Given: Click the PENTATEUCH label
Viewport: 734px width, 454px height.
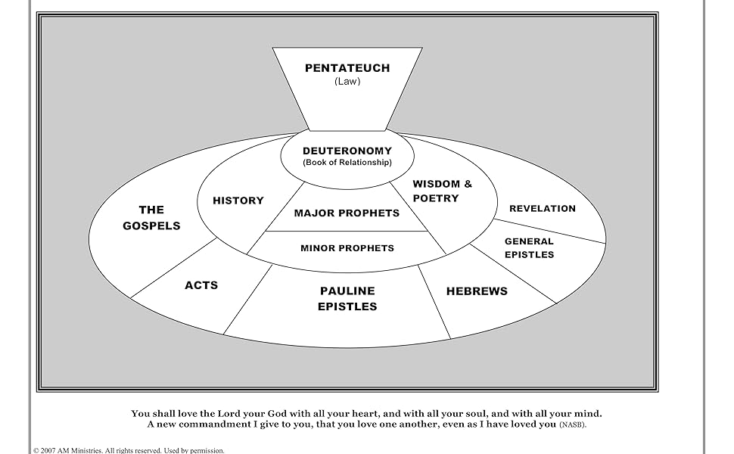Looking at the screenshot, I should pos(347,68).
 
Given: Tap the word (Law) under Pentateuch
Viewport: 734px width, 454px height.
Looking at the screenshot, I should pos(347,82).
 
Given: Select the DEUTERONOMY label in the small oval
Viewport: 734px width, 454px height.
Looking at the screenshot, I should pos(347,151).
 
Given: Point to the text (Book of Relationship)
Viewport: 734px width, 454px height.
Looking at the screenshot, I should pos(347,163).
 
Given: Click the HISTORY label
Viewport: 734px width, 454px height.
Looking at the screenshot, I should pos(238,201).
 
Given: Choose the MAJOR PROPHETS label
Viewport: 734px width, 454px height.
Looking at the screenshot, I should pos(347,213).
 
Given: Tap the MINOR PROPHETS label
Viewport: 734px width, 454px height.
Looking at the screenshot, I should pos(347,248).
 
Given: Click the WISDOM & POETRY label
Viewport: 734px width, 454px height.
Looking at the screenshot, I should pos(441,191).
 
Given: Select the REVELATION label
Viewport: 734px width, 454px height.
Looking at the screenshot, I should pos(543,209).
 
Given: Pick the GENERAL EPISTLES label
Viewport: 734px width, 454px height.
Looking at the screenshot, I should pos(530,248).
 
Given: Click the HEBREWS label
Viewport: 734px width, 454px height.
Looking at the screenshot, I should pos(477,291).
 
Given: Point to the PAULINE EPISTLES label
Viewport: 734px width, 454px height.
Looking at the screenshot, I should pos(347,299).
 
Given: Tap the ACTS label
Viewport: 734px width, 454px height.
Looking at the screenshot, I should pos(201,285).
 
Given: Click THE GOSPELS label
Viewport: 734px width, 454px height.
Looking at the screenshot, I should pos(151,218).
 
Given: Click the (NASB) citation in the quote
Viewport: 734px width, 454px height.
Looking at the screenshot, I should pos(573,425).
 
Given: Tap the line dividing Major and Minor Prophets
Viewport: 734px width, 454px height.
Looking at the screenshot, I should pos(347,231).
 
